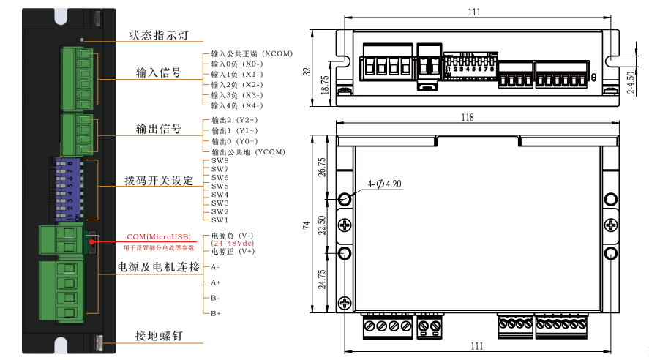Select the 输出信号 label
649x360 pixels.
(x=159, y=129)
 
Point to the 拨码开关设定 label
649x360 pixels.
(x=159, y=180)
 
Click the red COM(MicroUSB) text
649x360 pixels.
(x=159, y=236)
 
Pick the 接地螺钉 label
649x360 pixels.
(x=159, y=337)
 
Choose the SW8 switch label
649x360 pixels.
(x=220, y=161)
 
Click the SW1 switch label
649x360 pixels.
(x=220, y=220)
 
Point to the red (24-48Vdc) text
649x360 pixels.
(x=232, y=243)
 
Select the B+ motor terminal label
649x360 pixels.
(x=216, y=314)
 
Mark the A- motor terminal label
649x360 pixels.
(x=215, y=267)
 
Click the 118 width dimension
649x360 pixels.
(x=468, y=117)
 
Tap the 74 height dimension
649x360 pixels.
(x=307, y=226)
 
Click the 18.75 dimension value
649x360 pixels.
(x=325, y=80)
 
